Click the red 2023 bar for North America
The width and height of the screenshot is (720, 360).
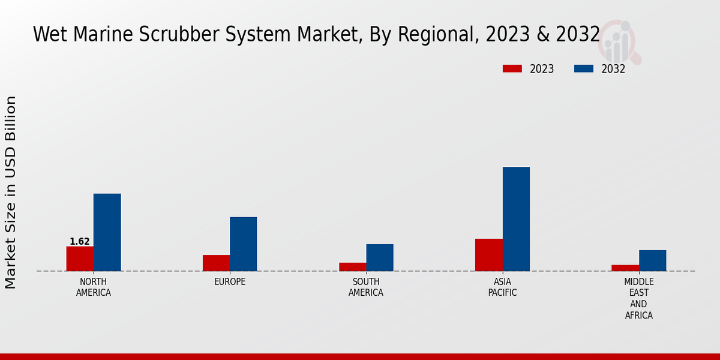click(80, 259)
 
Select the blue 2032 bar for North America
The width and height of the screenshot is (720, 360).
click(107, 232)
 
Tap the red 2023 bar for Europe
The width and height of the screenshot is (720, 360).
click(216, 263)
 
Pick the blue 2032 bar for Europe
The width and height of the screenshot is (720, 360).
click(243, 244)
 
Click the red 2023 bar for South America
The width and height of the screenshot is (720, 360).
click(352, 267)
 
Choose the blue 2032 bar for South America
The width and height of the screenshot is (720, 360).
click(380, 257)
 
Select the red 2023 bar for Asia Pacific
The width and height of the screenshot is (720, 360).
click(488, 255)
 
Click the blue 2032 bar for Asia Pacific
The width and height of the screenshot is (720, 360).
click(516, 219)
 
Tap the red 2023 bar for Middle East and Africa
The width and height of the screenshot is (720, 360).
click(625, 268)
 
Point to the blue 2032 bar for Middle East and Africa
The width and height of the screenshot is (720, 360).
click(652, 260)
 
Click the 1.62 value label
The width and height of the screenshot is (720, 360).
click(80, 242)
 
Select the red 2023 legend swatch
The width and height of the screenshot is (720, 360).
click(512, 69)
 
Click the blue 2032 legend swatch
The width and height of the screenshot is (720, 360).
click(583, 69)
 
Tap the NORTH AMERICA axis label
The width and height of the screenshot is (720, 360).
click(94, 287)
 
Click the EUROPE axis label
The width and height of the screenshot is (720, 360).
click(230, 282)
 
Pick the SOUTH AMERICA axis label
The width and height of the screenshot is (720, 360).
click(366, 287)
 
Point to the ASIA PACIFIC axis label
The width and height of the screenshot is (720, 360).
click(502, 287)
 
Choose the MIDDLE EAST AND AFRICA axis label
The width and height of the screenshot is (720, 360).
click(638, 299)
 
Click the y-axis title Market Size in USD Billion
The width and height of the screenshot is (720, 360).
click(11, 192)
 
